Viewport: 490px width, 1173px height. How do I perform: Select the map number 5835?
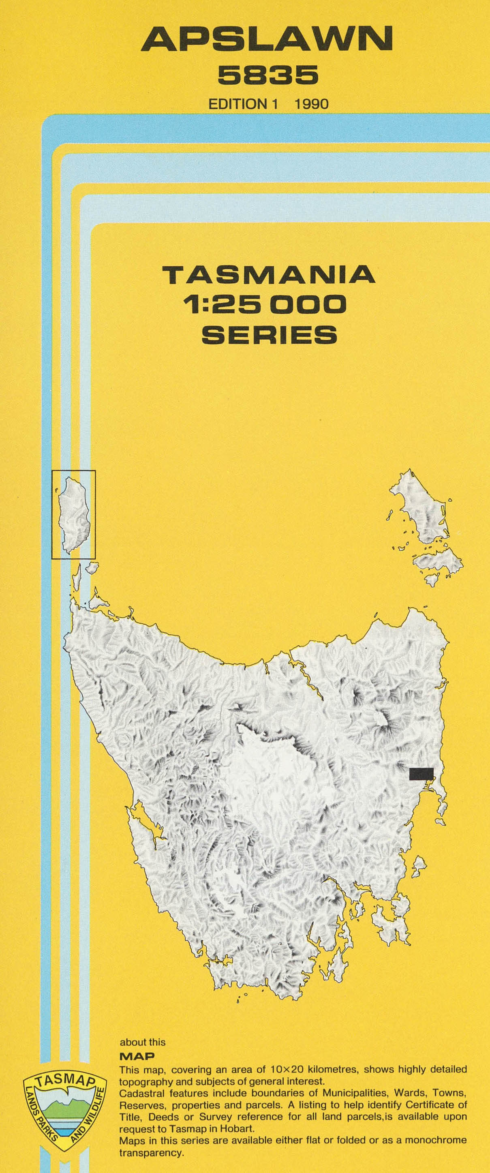click(267, 75)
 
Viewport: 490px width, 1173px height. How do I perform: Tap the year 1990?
click(312, 104)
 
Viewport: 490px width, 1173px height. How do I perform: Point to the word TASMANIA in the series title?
click(269, 274)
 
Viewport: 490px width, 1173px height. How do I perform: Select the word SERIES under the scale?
click(269, 335)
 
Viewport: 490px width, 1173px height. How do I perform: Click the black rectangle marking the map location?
click(421, 774)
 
